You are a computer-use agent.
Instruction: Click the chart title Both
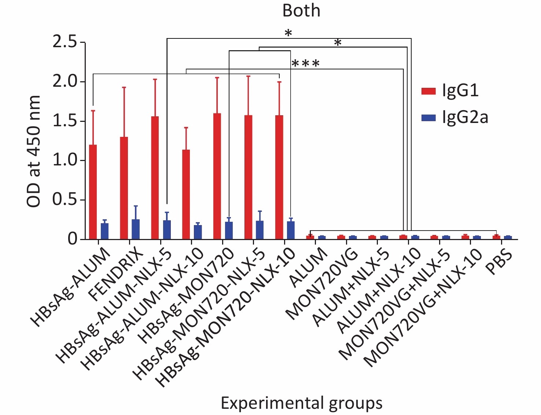coord(301,11)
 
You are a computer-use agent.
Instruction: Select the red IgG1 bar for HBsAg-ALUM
coord(93,192)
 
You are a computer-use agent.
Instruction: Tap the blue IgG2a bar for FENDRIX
coord(136,229)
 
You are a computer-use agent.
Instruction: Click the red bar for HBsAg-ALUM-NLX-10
coord(186,194)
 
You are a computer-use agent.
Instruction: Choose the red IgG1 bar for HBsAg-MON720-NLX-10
coord(279,177)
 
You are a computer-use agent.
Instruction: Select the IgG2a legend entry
coord(454,118)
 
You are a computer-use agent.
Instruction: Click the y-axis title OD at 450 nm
coord(34,151)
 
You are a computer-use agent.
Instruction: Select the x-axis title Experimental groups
coord(301,403)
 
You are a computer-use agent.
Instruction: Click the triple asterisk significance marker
coord(305,64)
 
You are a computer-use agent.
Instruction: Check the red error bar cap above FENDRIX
coord(124,87)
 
